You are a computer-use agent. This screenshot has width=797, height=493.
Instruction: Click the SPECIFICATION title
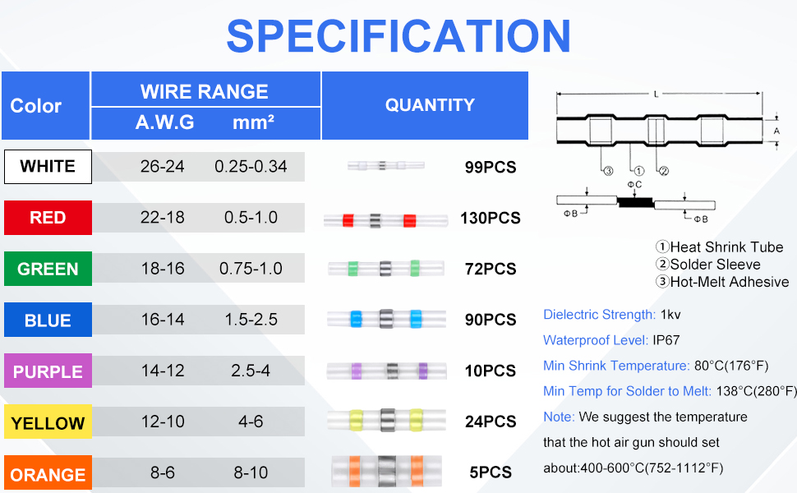click(x=398, y=36)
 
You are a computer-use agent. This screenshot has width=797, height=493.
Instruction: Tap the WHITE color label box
click(x=48, y=167)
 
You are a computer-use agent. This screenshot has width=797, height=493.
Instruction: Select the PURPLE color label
click(x=48, y=371)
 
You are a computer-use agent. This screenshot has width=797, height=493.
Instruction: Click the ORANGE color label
click(x=48, y=473)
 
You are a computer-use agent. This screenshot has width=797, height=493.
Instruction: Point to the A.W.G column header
click(x=164, y=122)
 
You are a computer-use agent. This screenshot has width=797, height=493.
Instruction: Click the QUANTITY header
click(x=430, y=105)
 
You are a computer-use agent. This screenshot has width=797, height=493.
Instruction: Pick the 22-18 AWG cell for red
click(x=162, y=218)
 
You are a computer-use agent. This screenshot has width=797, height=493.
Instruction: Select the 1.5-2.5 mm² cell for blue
click(x=251, y=320)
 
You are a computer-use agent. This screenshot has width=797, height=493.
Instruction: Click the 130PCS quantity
click(x=490, y=218)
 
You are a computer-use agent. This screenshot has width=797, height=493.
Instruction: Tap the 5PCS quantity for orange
click(x=490, y=472)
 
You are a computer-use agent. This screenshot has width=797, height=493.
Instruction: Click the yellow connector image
click(x=387, y=420)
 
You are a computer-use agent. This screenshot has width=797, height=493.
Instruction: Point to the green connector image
click(x=386, y=268)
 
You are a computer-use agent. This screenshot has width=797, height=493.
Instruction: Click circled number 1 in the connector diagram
click(x=639, y=171)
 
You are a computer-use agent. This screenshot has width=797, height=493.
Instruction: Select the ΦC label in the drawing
click(x=634, y=185)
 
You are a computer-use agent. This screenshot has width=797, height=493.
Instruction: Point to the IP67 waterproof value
click(x=666, y=340)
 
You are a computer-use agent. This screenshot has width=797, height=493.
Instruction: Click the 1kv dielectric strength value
click(x=670, y=315)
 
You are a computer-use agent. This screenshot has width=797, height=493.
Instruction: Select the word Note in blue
click(x=559, y=417)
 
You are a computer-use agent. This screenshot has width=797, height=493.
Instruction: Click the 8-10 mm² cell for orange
click(x=251, y=472)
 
